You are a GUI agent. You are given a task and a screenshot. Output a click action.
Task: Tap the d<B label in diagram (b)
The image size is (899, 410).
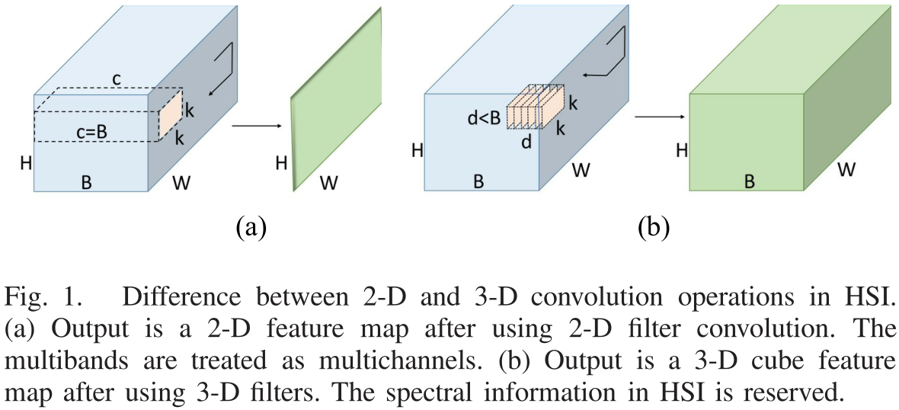tap(485, 118)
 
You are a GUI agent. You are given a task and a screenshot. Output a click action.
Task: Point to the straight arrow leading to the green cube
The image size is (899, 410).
tap(656, 116)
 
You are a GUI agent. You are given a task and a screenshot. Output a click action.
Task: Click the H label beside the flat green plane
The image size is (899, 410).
tap(281, 162)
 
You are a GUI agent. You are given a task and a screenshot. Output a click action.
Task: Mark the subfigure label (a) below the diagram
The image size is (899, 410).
tap(251, 227)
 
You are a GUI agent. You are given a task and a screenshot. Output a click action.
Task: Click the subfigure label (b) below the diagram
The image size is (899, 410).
tap(652, 227)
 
